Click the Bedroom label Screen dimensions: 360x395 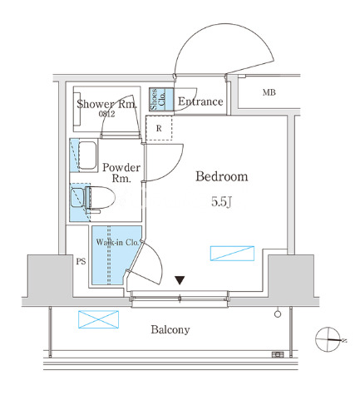click(222, 176)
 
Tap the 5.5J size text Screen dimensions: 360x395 click(221, 201)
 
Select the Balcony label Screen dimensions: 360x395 click(170, 329)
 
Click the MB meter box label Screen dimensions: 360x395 click(269, 92)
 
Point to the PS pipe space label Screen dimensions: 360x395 click(81, 261)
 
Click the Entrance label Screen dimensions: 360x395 click(200, 101)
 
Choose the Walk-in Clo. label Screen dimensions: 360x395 click(117, 242)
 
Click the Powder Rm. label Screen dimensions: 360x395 click(121, 173)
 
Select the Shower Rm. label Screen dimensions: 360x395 click(106, 104)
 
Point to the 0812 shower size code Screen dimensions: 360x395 click(107, 114)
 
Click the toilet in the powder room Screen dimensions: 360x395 click(93, 198)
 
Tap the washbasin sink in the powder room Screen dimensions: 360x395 click(87, 156)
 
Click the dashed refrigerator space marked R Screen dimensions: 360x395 click(159, 128)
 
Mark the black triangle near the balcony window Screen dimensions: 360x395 click(180, 280)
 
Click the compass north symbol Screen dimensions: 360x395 click(328, 339)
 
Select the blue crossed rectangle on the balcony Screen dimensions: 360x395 click(99, 319)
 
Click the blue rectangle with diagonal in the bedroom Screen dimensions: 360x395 click(232, 254)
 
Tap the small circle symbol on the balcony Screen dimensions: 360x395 click(278, 314)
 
